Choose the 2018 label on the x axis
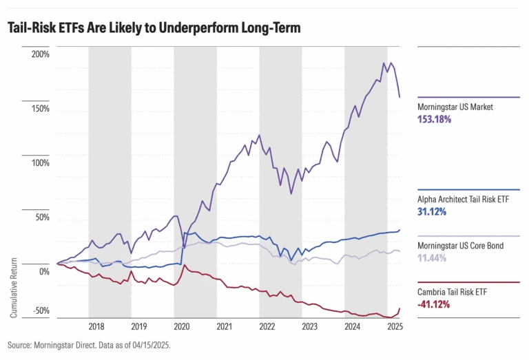96,327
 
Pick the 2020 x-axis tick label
182,327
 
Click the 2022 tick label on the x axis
267,327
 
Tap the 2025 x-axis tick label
395,327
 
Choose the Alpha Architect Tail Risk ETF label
467,200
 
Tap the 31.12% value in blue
433,211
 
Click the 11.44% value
433,257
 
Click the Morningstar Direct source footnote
88,345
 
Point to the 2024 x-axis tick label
352,327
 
